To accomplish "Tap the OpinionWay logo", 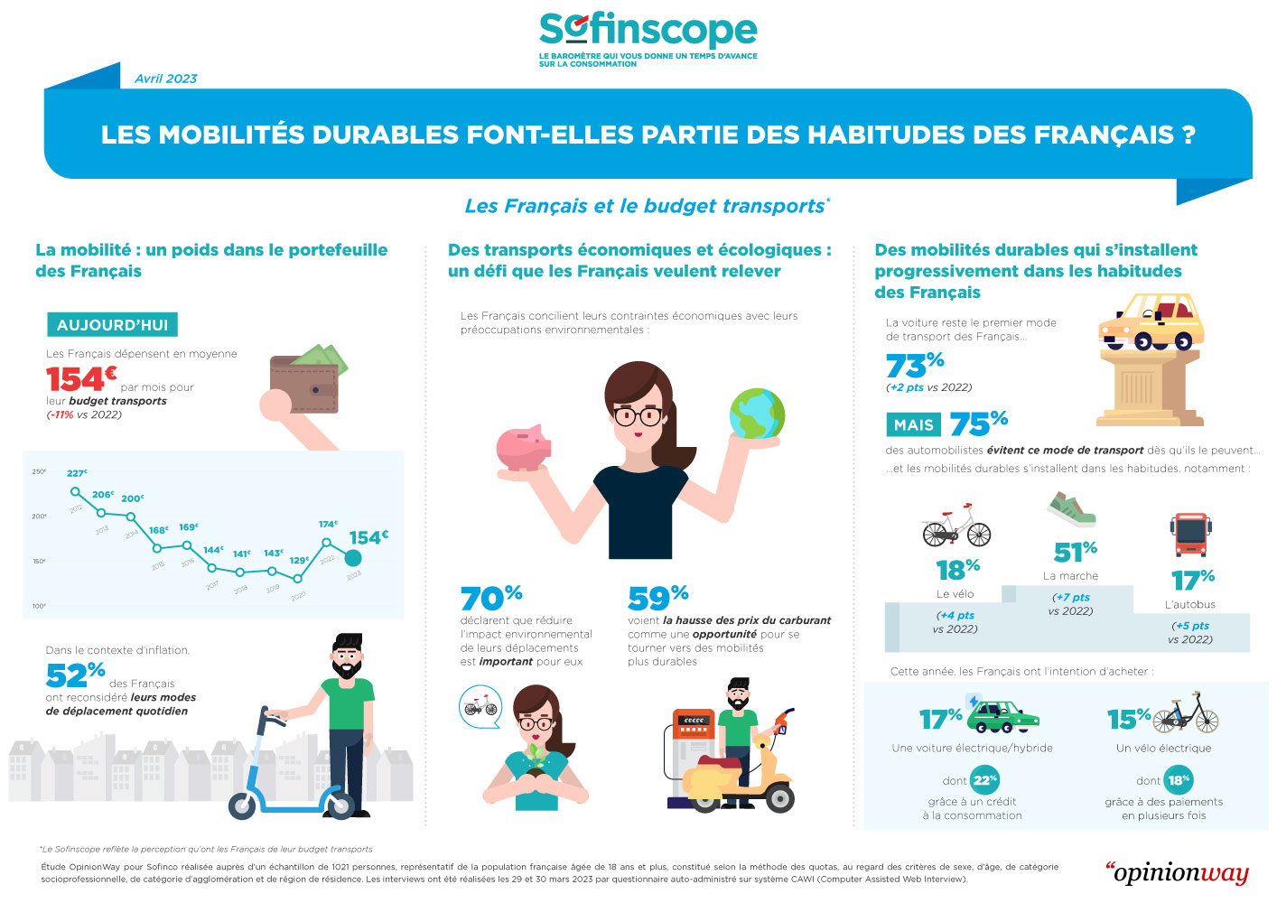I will pos(1178,872).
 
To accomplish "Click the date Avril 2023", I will pos(165,79).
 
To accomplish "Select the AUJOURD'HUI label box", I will pos(112,325).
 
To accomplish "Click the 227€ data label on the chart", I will pos(77,473).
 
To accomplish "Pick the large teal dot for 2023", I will pos(354,559).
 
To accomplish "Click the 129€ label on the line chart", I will pos(299,561).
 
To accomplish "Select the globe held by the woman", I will pos(757,414).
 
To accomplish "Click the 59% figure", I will pos(657,597).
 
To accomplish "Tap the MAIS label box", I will pos(913,424).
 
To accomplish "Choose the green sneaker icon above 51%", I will pos(1072,510).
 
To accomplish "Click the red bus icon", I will pos(1190,535).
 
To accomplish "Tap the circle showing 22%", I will pos(984,779).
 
